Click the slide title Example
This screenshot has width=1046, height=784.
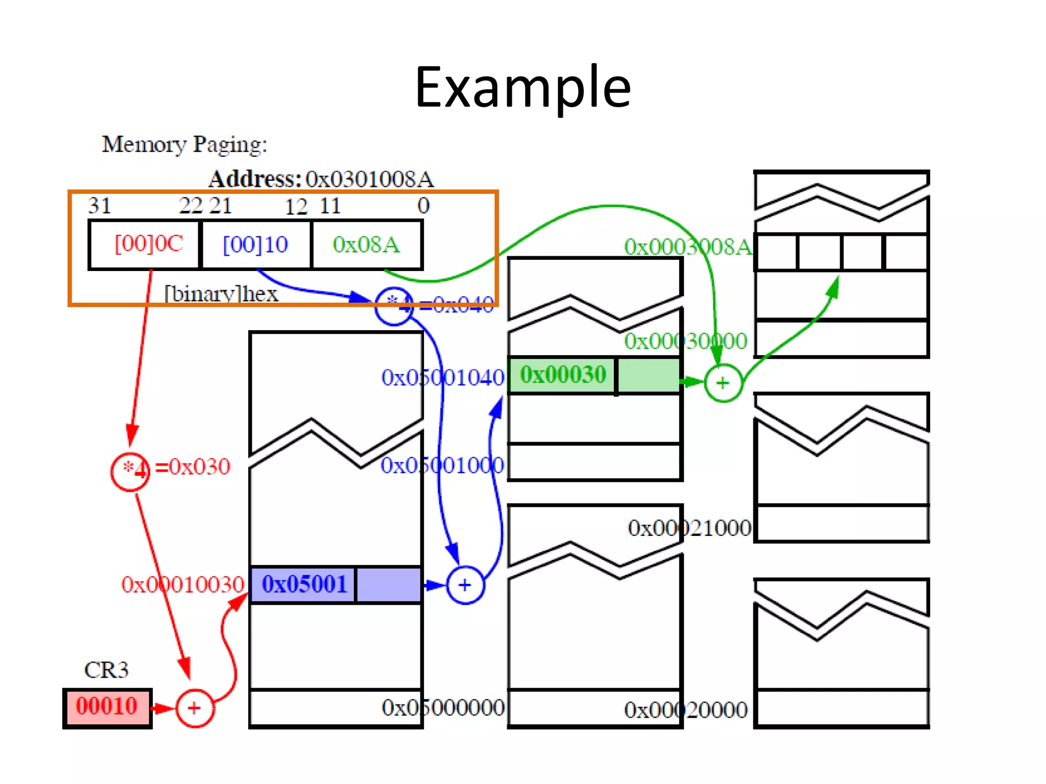pyautogui.click(x=522, y=88)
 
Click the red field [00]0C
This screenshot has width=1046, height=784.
pyautogui.click(x=148, y=244)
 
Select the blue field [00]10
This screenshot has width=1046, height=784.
pyautogui.click(x=255, y=244)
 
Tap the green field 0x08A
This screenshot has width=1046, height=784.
pyautogui.click(x=366, y=244)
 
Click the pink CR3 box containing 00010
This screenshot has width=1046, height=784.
pyautogui.click(x=107, y=707)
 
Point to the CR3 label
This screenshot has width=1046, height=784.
pyautogui.click(x=106, y=670)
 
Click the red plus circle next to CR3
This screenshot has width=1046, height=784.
pyautogui.click(x=194, y=708)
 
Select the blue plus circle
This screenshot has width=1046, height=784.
pyautogui.click(x=465, y=585)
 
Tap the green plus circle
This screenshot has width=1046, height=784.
pyautogui.click(x=723, y=383)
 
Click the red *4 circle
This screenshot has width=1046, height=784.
pyautogui.click(x=130, y=471)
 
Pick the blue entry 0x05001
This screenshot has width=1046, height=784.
pyautogui.click(x=304, y=584)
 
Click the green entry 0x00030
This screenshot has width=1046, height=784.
pyautogui.click(x=563, y=375)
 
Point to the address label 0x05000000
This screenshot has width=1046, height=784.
pyautogui.click(x=443, y=708)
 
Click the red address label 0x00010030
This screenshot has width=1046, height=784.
pyautogui.click(x=182, y=584)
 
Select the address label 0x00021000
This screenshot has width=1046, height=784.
pyautogui.click(x=690, y=528)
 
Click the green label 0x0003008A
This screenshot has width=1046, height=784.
pyautogui.click(x=687, y=247)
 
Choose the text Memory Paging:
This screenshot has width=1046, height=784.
pyautogui.click(x=184, y=144)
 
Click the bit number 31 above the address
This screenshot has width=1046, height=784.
pyautogui.click(x=100, y=206)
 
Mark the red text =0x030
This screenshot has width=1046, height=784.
pyautogui.click(x=193, y=467)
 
